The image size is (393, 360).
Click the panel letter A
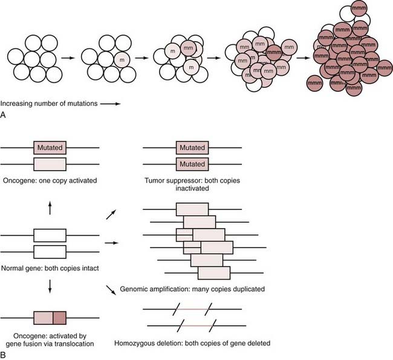click(4, 114)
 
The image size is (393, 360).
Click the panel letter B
click(4, 355)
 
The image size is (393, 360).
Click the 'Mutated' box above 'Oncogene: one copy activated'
click(50, 147)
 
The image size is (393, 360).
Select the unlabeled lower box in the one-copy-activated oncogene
click(50, 164)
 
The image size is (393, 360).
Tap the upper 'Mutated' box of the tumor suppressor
click(192, 147)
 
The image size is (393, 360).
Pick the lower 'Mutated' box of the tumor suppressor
click(192, 164)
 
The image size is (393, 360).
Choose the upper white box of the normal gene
click(50, 235)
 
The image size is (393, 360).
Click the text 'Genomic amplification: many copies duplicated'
click(192, 289)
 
